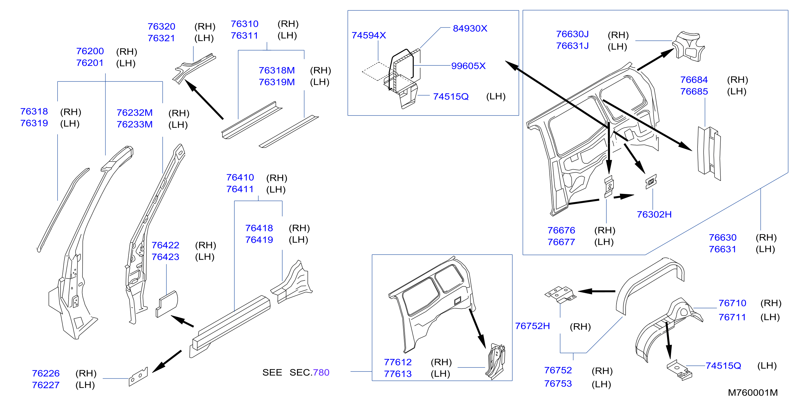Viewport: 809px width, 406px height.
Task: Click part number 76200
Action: click(x=90, y=51)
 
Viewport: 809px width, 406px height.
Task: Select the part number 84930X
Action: click(x=470, y=28)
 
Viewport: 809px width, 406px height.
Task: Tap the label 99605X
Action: click(x=468, y=66)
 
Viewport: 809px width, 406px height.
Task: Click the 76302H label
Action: click(x=654, y=214)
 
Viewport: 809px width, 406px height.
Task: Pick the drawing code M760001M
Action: click(x=753, y=393)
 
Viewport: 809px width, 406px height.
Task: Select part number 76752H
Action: click(x=532, y=326)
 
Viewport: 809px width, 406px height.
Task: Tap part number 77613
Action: click(x=398, y=374)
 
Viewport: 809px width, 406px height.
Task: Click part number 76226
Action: click(x=46, y=373)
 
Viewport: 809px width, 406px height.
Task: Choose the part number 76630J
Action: click(x=572, y=34)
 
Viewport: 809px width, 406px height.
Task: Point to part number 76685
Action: click(x=694, y=92)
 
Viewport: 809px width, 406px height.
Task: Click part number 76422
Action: click(x=166, y=245)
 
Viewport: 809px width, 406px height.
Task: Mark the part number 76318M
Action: click(x=277, y=70)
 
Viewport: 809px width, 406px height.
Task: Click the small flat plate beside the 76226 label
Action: click(x=138, y=376)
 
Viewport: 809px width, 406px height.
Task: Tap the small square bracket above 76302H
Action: click(x=651, y=182)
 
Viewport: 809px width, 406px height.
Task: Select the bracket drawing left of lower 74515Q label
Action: click(x=679, y=370)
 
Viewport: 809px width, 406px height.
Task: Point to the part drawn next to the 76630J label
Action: click(x=689, y=46)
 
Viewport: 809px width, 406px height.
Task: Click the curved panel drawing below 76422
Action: click(x=167, y=304)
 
